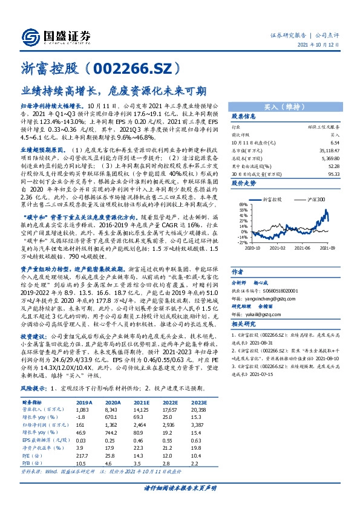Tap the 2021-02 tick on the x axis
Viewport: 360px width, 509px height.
(x=277, y=247)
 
